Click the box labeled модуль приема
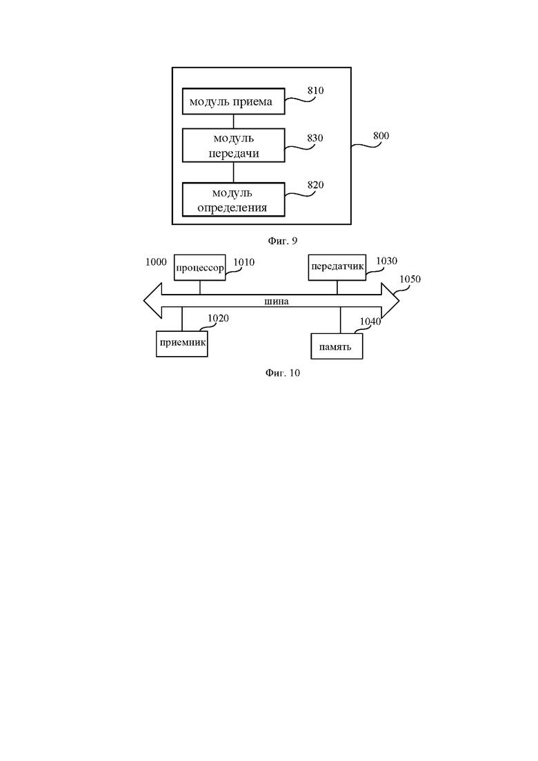click(x=233, y=101)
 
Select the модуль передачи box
click(x=233, y=145)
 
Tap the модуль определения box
click(x=233, y=199)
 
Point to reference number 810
click(x=315, y=91)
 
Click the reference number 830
click(x=315, y=138)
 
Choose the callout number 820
click(x=315, y=185)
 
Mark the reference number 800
click(x=381, y=136)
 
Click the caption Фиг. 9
click(x=282, y=241)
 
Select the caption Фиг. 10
click(x=282, y=373)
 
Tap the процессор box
click(x=200, y=268)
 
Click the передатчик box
click(x=337, y=268)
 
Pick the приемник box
click(x=182, y=344)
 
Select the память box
click(x=337, y=346)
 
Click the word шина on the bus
click(x=277, y=302)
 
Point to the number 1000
click(x=156, y=262)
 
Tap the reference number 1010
click(x=244, y=262)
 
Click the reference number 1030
click(x=387, y=261)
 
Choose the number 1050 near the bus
click(x=410, y=279)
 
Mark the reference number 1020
click(x=219, y=318)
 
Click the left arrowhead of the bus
click(x=152, y=301)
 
